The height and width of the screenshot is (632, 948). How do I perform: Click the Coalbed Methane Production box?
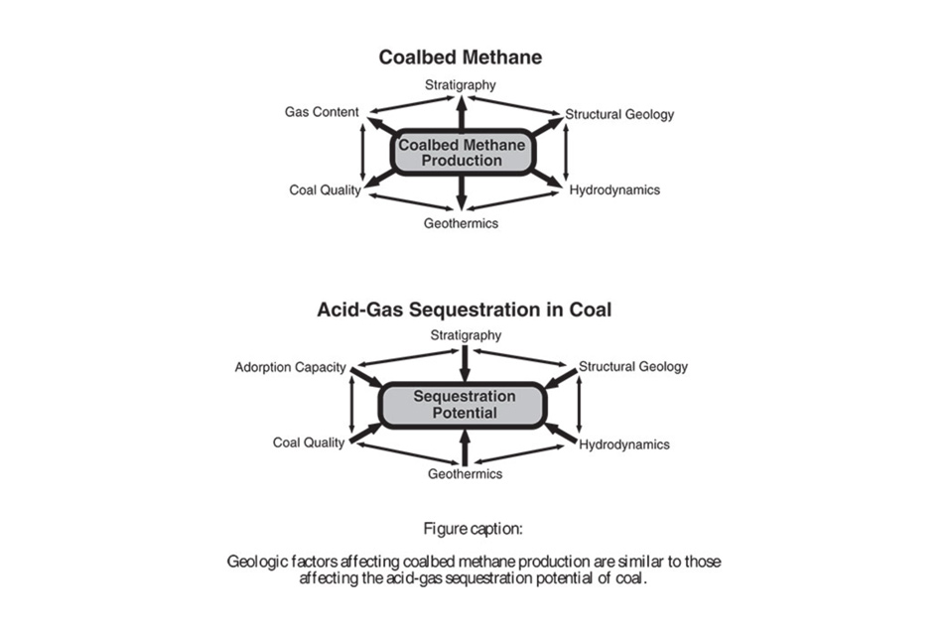(x=463, y=153)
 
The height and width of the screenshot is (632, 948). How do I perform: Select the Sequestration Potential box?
(x=464, y=404)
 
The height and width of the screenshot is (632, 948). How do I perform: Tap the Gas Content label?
(x=322, y=112)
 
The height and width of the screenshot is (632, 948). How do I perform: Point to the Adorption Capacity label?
(x=290, y=367)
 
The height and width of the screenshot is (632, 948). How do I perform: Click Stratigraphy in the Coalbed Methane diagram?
(x=461, y=85)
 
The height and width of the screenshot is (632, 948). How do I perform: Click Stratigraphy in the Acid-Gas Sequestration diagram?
(x=466, y=335)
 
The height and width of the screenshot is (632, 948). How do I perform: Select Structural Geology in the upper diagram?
(x=619, y=114)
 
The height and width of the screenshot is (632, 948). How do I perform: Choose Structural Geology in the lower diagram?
(x=633, y=366)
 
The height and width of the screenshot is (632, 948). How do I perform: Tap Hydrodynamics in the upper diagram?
(x=614, y=190)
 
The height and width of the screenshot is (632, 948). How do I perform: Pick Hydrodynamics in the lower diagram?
(x=624, y=443)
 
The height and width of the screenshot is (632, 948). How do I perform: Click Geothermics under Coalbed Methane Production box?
(x=461, y=223)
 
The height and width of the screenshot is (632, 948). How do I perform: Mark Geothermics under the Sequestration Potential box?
(x=465, y=473)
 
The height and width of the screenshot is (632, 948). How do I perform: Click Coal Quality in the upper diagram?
(x=325, y=190)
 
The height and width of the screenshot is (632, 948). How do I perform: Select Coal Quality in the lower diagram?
(x=309, y=442)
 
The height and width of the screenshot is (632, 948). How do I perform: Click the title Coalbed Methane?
(x=461, y=58)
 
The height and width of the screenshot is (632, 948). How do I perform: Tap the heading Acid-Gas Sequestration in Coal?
(x=464, y=310)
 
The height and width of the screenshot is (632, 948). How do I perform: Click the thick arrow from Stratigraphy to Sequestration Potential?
(x=465, y=363)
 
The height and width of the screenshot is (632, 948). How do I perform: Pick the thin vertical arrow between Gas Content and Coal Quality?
(x=363, y=151)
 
